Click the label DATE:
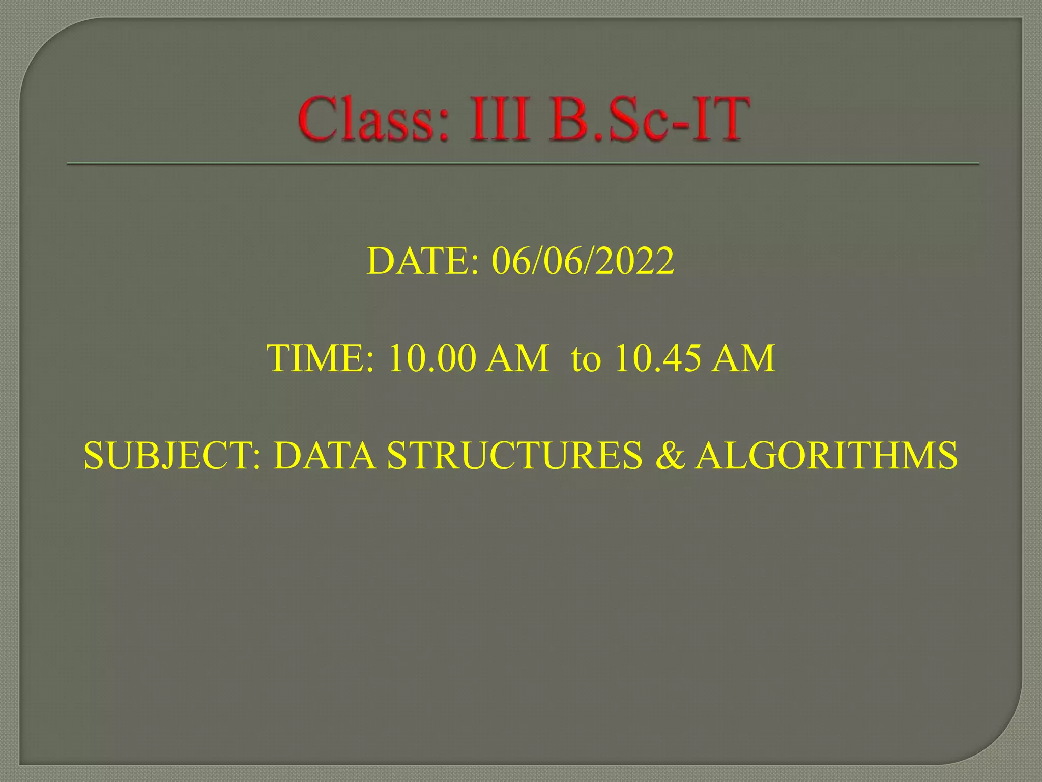(x=422, y=261)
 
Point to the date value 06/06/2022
(x=583, y=261)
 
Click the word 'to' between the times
(x=586, y=359)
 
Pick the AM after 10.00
(x=517, y=358)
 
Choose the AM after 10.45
(x=743, y=358)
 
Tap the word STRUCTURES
(x=514, y=455)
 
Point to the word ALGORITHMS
(x=827, y=455)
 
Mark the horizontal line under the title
(x=523, y=164)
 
